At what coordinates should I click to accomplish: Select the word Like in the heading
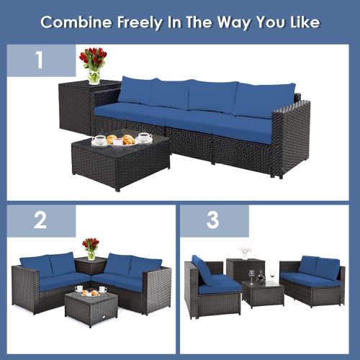coord(302,22)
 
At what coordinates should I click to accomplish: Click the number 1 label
coord(40,60)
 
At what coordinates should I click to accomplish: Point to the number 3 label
coord(212,220)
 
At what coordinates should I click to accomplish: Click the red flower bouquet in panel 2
coord(91,245)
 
